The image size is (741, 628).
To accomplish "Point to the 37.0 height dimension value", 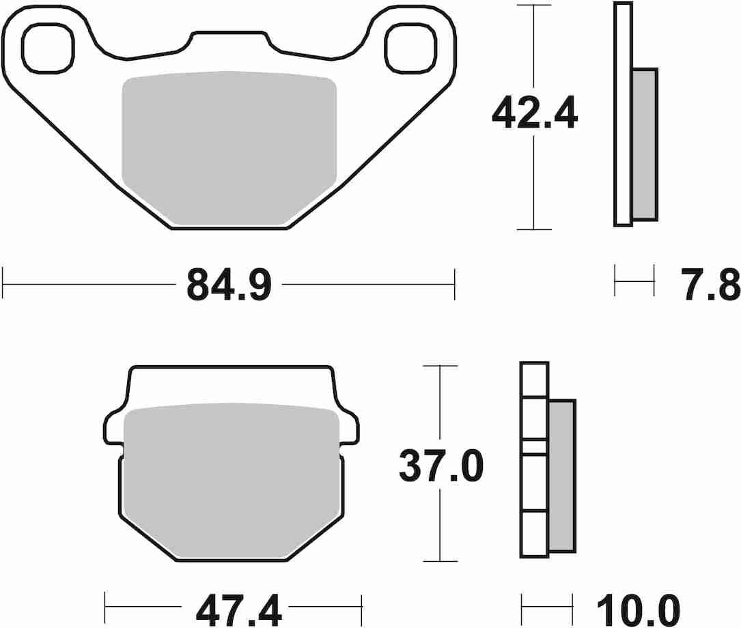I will [x=441, y=467].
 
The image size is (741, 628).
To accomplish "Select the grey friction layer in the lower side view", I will [x=562, y=475].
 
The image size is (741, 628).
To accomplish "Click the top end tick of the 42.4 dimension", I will [x=533, y=5].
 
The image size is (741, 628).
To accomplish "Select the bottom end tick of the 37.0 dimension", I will [x=441, y=561].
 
